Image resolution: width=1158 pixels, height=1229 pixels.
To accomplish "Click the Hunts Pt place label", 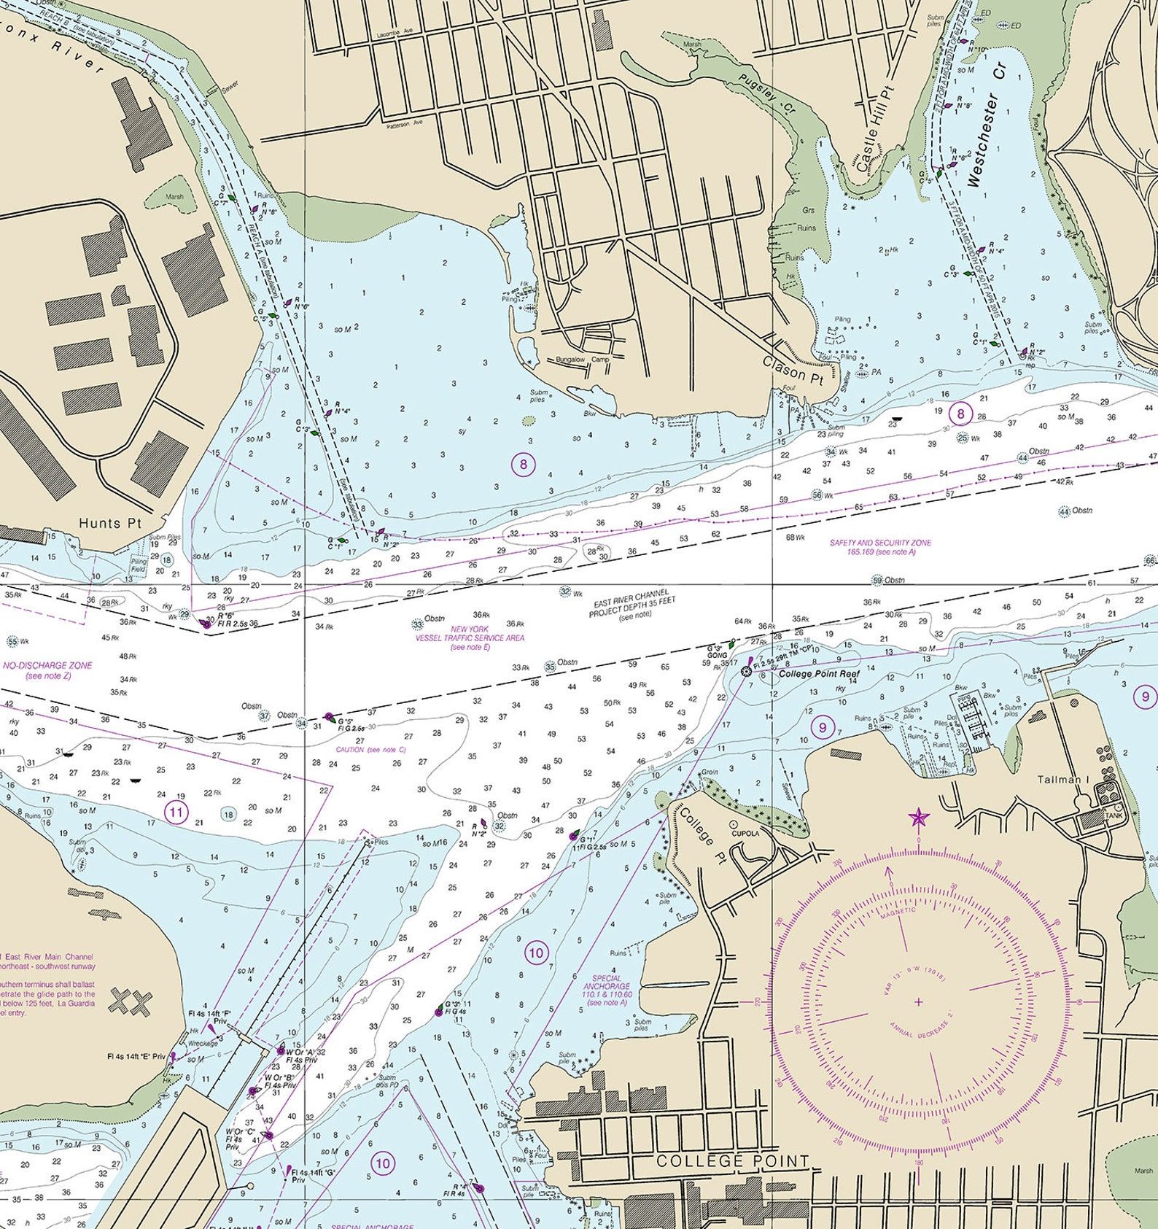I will click(110, 523).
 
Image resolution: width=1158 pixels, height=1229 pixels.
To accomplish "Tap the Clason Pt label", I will click(793, 369).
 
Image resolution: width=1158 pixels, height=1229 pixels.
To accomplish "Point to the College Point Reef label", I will click(819, 674).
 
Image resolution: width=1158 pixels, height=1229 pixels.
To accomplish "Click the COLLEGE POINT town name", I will click(733, 1160).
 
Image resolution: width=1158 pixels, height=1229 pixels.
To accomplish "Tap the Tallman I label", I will click(1062, 780).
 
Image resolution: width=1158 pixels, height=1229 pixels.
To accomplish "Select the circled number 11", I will click(176, 812).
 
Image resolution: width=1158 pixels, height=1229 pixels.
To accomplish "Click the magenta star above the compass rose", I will click(918, 818).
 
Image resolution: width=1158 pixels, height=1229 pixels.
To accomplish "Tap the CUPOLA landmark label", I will click(745, 833).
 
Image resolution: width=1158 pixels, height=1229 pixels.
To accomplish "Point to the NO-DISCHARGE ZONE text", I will click(47, 670).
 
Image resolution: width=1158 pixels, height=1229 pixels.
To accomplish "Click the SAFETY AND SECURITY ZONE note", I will click(879, 548).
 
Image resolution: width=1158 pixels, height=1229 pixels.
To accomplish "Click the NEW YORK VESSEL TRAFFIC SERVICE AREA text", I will click(470, 637).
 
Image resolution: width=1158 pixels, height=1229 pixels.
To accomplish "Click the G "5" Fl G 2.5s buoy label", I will click(351, 724).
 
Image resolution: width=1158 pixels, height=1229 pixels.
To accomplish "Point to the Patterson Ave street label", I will click(405, 123).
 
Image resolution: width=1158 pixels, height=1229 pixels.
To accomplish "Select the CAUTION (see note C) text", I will click(370, 750).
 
